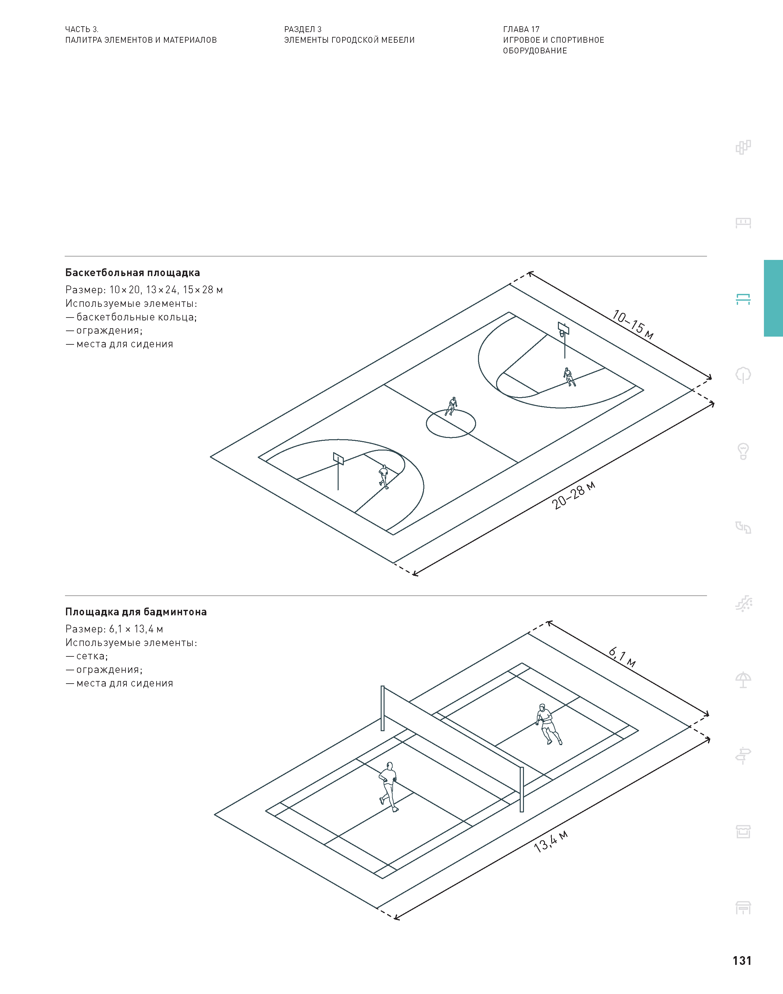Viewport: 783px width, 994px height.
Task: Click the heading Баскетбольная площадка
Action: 133,273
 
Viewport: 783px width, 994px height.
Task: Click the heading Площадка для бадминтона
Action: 136,612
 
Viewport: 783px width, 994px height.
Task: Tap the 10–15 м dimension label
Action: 633,325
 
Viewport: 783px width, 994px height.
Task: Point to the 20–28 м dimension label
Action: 573,496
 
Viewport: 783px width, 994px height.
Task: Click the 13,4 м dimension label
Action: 551,841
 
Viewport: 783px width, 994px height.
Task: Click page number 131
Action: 742,961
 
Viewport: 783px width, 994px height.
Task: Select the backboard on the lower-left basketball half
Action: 338,458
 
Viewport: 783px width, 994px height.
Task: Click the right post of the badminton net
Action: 522,789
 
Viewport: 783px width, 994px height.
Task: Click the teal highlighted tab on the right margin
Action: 773,298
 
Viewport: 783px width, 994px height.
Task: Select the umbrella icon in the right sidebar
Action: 743,679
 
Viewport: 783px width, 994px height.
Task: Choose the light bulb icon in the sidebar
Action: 743,451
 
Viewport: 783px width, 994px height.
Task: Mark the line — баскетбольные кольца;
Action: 131,317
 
